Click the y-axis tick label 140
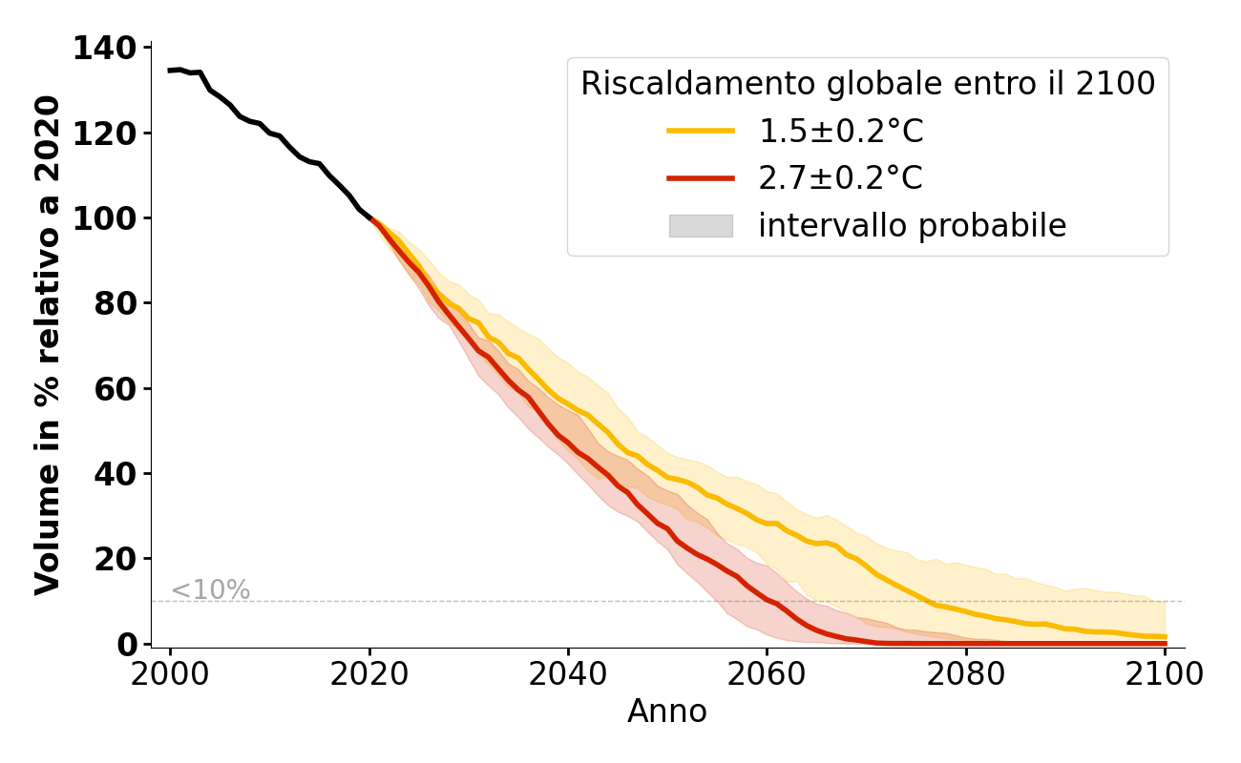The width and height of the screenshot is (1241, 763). (106, 48)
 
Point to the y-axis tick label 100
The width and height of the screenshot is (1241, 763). (106, 218)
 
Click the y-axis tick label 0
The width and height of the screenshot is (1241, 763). (127, 644)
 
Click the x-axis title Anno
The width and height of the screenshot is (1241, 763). (667, 711)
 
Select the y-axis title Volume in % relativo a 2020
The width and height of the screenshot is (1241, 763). (48, 345)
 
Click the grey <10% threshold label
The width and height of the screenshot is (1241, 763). (210, 590)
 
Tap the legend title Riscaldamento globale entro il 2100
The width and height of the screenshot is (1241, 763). (868, 84)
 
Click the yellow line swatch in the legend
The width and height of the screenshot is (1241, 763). (701, 132)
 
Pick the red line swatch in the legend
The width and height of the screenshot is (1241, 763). (701, 178)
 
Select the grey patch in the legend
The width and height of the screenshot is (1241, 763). (701, 226)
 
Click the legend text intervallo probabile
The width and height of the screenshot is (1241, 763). (912, 226)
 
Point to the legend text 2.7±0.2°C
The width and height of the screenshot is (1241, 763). (841, 178)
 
